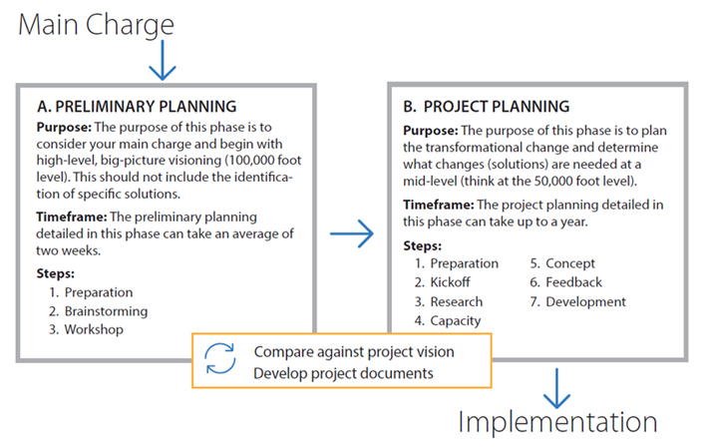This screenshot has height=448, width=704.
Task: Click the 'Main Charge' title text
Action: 96,26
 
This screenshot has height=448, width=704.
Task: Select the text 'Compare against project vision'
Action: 353,352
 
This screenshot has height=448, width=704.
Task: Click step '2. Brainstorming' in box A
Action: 98,311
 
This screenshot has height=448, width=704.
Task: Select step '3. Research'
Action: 449,301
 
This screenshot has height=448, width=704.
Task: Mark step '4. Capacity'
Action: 448,320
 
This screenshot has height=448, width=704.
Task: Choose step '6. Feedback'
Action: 565,282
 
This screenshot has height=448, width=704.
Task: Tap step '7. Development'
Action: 576,301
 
